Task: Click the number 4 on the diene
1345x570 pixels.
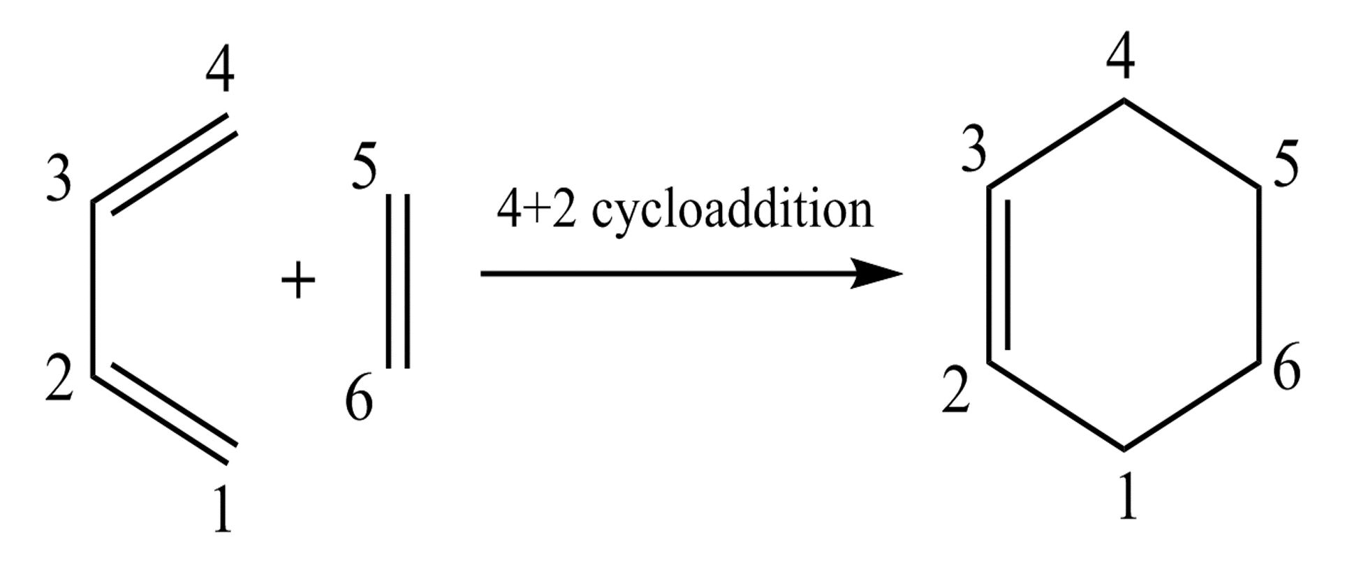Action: (220, 72)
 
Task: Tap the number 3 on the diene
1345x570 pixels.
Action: (59, 178)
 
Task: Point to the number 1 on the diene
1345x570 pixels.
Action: (222, 511)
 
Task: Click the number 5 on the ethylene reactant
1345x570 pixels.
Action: (364, 166)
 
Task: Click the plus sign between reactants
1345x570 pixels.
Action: (298, 282)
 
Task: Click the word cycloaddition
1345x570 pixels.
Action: (733, 210)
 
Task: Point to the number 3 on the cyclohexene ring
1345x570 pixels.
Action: (973, 150)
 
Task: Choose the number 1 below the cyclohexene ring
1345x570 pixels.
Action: (1127, 495)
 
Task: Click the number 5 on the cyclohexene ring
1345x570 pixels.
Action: (1286, 164)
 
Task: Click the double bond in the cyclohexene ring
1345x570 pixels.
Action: (997, 274)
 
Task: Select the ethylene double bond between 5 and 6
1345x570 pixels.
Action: (398, 281)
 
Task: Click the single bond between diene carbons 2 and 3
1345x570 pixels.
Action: (93, 289)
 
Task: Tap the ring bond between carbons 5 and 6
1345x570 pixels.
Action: (1259, 274)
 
